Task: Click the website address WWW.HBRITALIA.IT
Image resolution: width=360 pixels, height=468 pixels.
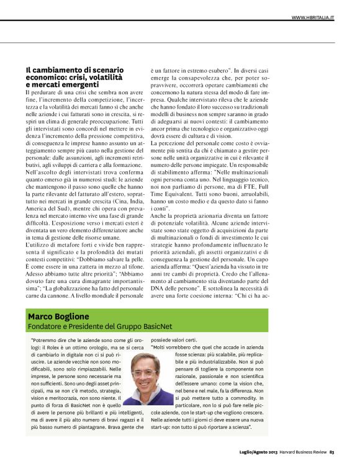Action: (313, 17)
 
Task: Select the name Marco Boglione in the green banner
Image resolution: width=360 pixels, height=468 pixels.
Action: (60, 317)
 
